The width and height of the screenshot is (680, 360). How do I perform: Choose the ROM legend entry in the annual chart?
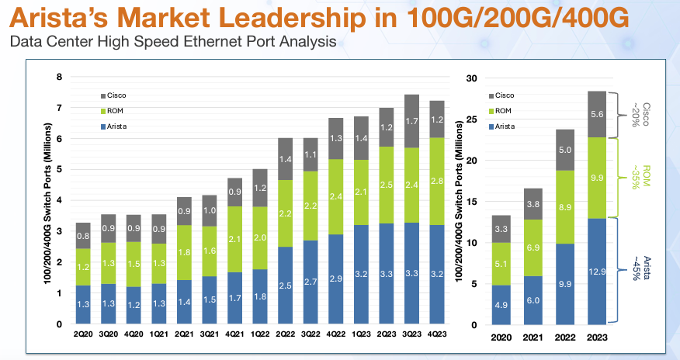[504, 111]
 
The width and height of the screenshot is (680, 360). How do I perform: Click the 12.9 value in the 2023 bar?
[596, 272]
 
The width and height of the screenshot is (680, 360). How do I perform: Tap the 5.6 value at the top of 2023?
[596, 114]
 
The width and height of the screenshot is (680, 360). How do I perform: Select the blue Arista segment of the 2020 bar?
[502, 304]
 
